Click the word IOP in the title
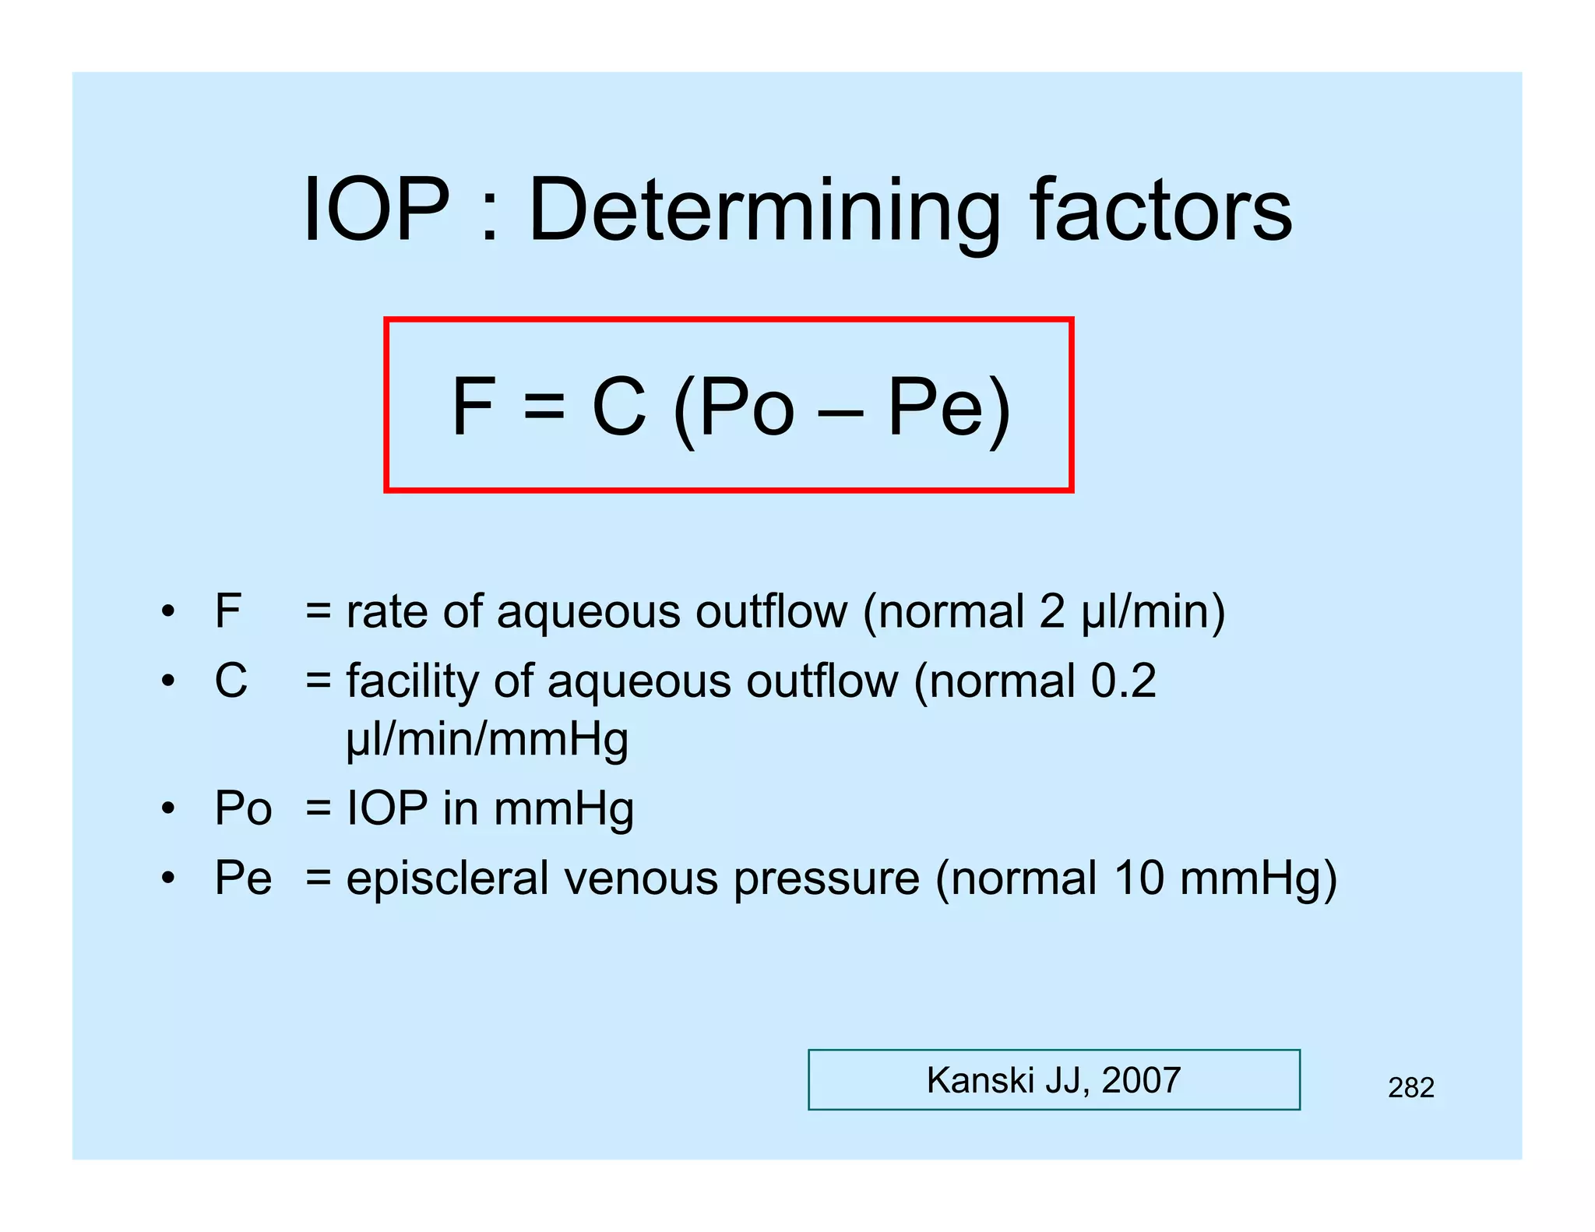pyautogui.click(x=376, y=210)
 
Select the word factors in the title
pyautogui.click(x=1160, y=210)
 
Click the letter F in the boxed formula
pyautogui.click(x=473, y=407)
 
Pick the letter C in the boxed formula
pyautogui.click(x=619, y=407)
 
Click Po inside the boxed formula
pyautogui.click(x=746, y=407)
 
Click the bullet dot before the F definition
pyautogui.click(x=168, y=611)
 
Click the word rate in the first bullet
pyautogui.click(x=386, y=612)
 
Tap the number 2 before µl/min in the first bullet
pyautogui.click(x=1051, y=611)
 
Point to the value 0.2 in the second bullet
pyautogui.click(x=1123, y=681)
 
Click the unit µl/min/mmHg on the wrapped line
pyautogui.click(x=487, y=740)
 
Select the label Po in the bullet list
pyautogui.click(x=243, y=808)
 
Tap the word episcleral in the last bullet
pyautogui.click(x=447, y=878)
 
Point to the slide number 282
pyautogui.click(x=1410, y=1088)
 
